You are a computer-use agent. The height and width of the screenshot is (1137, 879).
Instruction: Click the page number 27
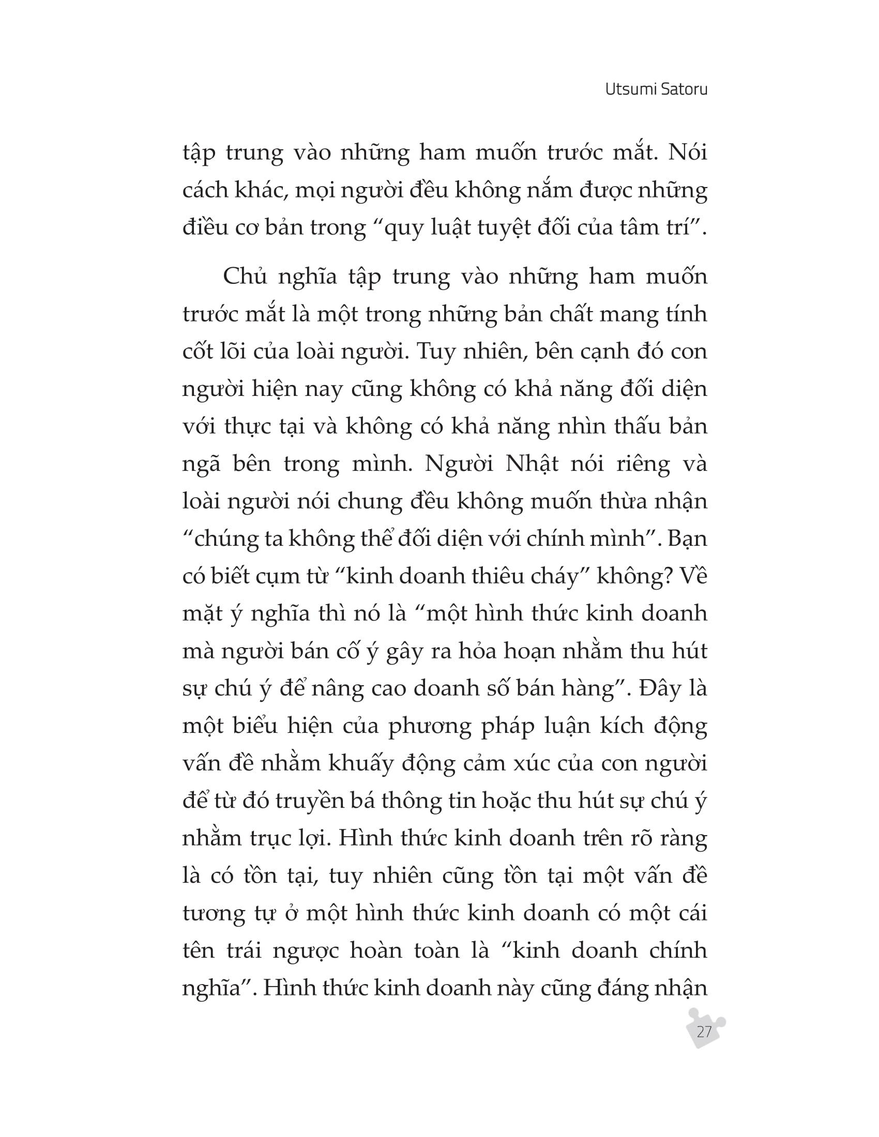tap(704, 1032)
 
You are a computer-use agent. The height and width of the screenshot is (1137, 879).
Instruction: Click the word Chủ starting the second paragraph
tap(245, 276)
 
